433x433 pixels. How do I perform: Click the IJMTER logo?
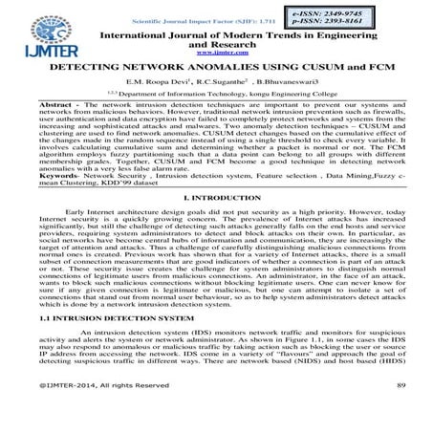click(x=38, y=30)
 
